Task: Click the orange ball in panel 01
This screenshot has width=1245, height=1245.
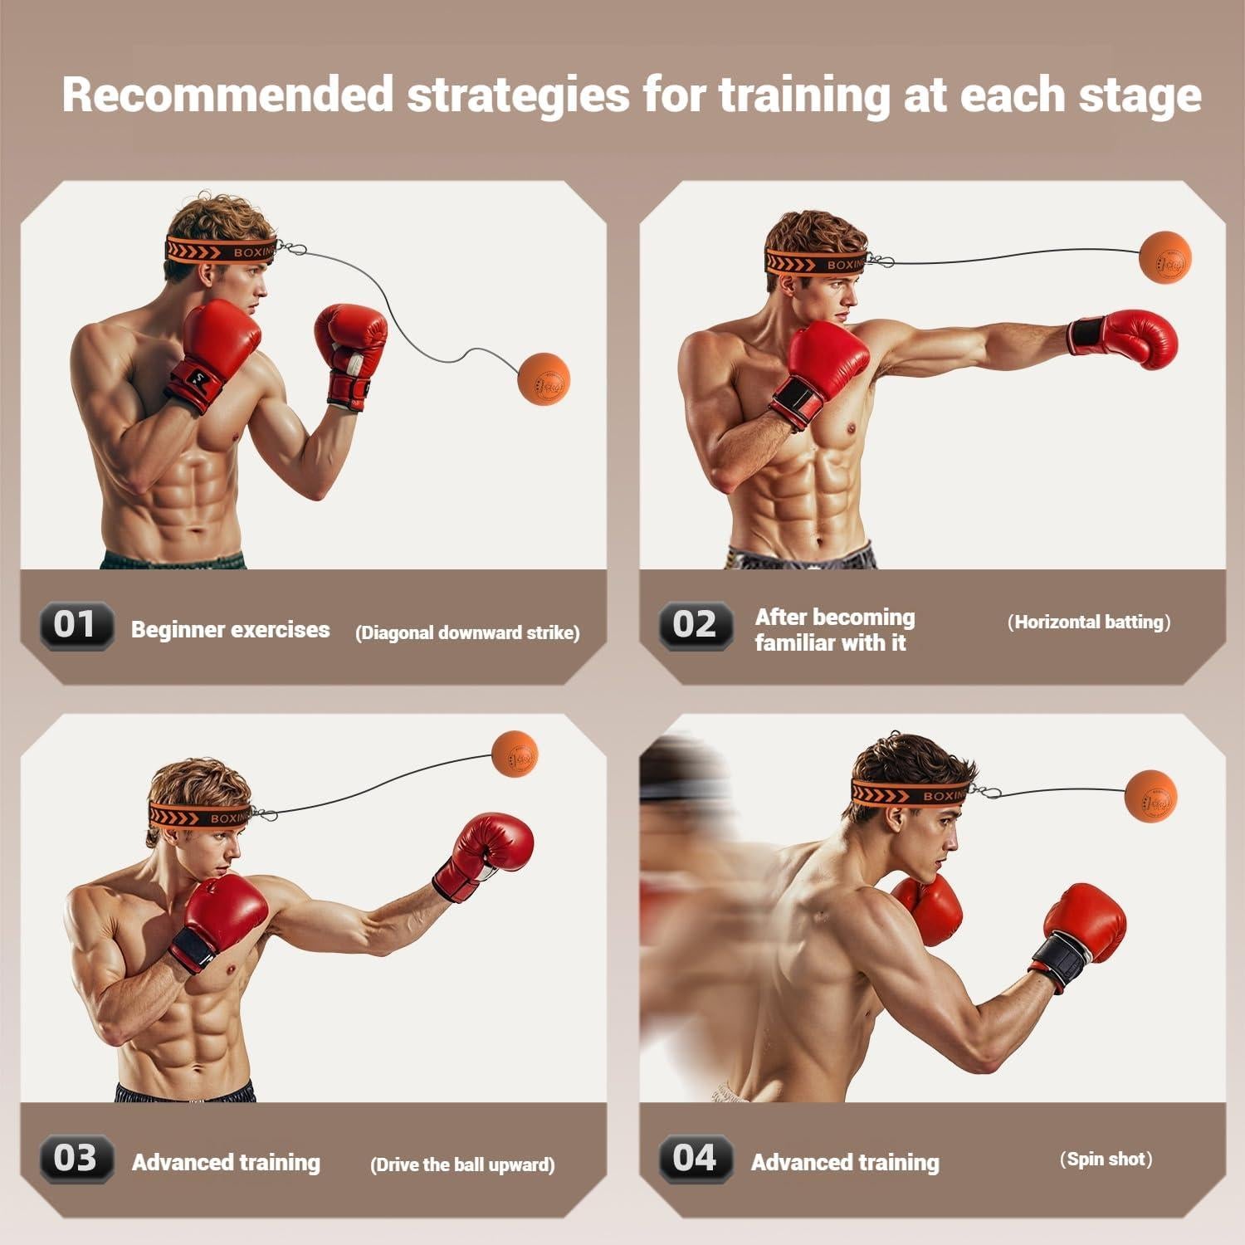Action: [544, 378]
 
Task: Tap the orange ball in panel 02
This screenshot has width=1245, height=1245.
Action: [1165, 258]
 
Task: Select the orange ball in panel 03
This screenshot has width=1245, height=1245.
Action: [515, 754]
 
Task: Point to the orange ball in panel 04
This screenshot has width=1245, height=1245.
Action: [1151, 794]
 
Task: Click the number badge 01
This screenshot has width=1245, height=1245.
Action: [76, 625]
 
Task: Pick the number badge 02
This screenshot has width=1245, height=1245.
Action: [696, 625]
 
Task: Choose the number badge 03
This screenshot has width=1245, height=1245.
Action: [76, 1158]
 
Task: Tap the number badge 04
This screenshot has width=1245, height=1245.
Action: [696, 1158]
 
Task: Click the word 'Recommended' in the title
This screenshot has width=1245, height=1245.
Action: [227, 95]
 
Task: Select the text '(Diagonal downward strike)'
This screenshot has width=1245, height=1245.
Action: [467, 632]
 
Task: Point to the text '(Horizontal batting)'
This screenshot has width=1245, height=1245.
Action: [1089, 622]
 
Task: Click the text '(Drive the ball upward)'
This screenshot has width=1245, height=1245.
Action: [462, 1164]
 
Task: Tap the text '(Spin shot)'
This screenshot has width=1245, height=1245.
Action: [1106, 1160]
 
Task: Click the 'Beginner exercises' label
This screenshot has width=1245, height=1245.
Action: [230, 630]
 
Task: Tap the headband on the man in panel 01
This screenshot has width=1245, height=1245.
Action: [221, 250]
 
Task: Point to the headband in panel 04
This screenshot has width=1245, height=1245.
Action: [909, 793]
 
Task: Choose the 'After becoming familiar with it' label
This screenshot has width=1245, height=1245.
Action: [834, 630]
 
